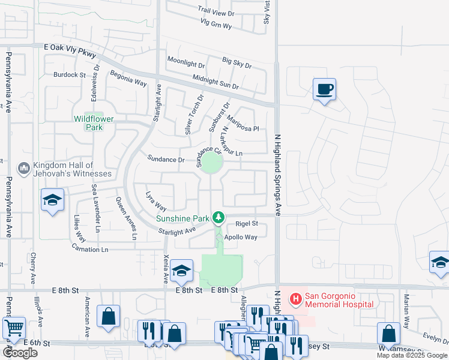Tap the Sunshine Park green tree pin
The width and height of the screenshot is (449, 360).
tap(220, 217)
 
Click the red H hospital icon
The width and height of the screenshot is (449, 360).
tap(296, 298)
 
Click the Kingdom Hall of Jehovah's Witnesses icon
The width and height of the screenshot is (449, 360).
tap(24, 169)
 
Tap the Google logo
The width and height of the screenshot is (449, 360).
tap(20, 353)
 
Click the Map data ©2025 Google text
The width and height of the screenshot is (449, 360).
tap(412, 356)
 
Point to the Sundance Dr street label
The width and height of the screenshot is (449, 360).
tap(166, 160)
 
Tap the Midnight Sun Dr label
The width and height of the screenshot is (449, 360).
tap(215, 82)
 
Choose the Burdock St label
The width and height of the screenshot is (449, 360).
tap(70, 75)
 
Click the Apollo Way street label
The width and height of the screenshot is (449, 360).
tap(241, 238)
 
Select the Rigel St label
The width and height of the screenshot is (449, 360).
tap(246, 224)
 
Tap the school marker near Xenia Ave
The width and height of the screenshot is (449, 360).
tap(181, 271)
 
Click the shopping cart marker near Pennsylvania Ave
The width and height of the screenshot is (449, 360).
tap(13, 328)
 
